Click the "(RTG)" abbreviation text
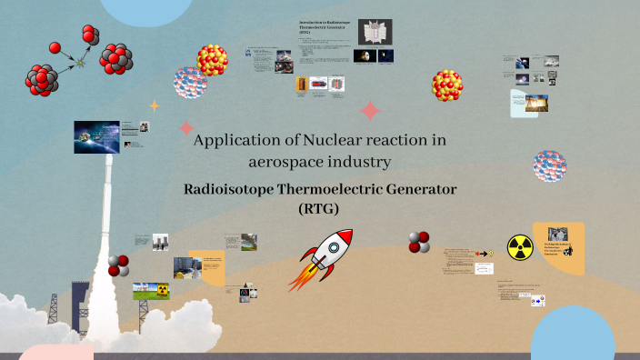click(323, 208)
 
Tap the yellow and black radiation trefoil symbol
click(519, 245)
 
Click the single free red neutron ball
click(55, 47)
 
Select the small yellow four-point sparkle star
click(155, 105)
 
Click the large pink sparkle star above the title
click(370, 111)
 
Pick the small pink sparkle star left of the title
click(187, 128)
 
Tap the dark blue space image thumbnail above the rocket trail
click(97, 137)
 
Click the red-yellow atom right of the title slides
click(447, 85)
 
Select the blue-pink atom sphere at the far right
click(549, 167)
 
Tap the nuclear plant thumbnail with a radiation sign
click(151, 291)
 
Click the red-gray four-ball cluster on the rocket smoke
click(119, 265)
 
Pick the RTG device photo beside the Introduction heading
click(369, 33)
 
